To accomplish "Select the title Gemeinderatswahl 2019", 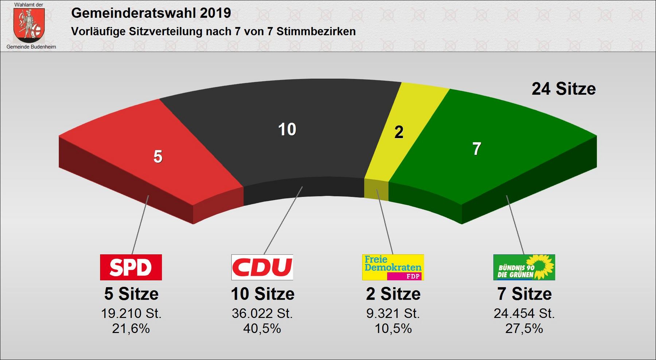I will tap(151, 13).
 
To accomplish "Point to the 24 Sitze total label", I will tap(563, 89).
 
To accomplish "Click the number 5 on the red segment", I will tap(158, 157).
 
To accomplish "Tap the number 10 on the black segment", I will tap(287, 129).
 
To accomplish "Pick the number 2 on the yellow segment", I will tap(399, 132).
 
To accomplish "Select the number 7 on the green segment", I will tap(477, 149).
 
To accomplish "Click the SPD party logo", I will tap(131, 267).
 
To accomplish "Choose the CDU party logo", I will tap(262, 267).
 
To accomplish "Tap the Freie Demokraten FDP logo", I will tap(393, 267).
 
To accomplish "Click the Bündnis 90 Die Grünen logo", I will tap(524, 267).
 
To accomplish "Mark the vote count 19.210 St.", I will tap(131, 313).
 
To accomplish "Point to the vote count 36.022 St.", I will tap(262, 313).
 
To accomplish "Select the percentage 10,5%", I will tap(393, 329).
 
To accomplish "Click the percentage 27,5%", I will tap(524, 329).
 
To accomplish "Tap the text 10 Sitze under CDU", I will tap(262, 294).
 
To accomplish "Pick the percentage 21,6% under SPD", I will tap(131, 329).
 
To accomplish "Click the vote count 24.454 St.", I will tap(524, 313).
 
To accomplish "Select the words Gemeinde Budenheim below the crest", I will tap(31, 47).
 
